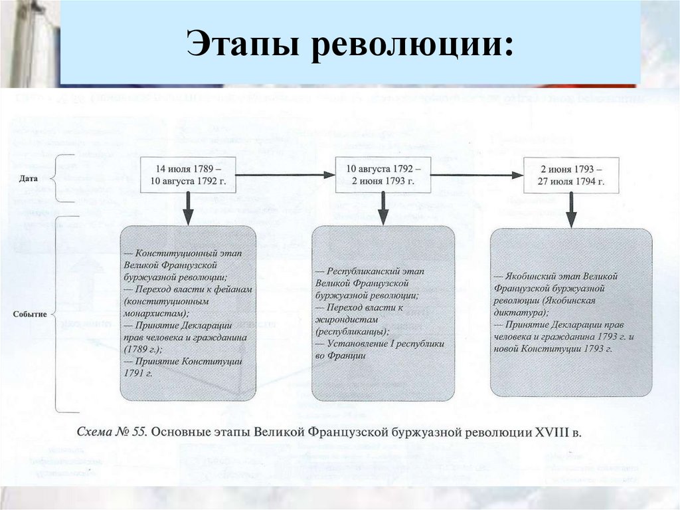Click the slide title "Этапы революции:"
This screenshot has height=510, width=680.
click(349, 45)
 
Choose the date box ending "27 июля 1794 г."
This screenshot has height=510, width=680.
click(571, 175)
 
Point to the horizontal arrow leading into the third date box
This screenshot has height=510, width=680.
click(476, 175)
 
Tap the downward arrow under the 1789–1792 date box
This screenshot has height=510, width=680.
click(189, 209)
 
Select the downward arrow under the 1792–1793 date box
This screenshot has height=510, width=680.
click(382, 209)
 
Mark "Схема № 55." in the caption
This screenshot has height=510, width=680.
click(112, 432)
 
